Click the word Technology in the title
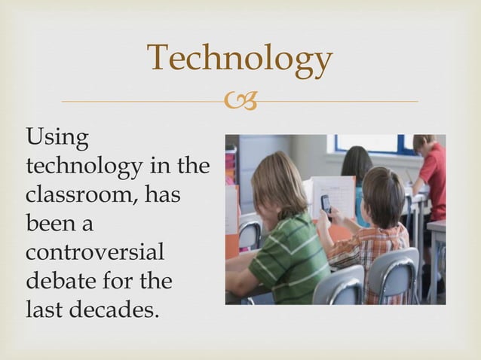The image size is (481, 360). (x=239, y=59)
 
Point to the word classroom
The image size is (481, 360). (x=81, y=195)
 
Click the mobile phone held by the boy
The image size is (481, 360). (x=326, y=203)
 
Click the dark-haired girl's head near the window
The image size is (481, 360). (x=357, y=161)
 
